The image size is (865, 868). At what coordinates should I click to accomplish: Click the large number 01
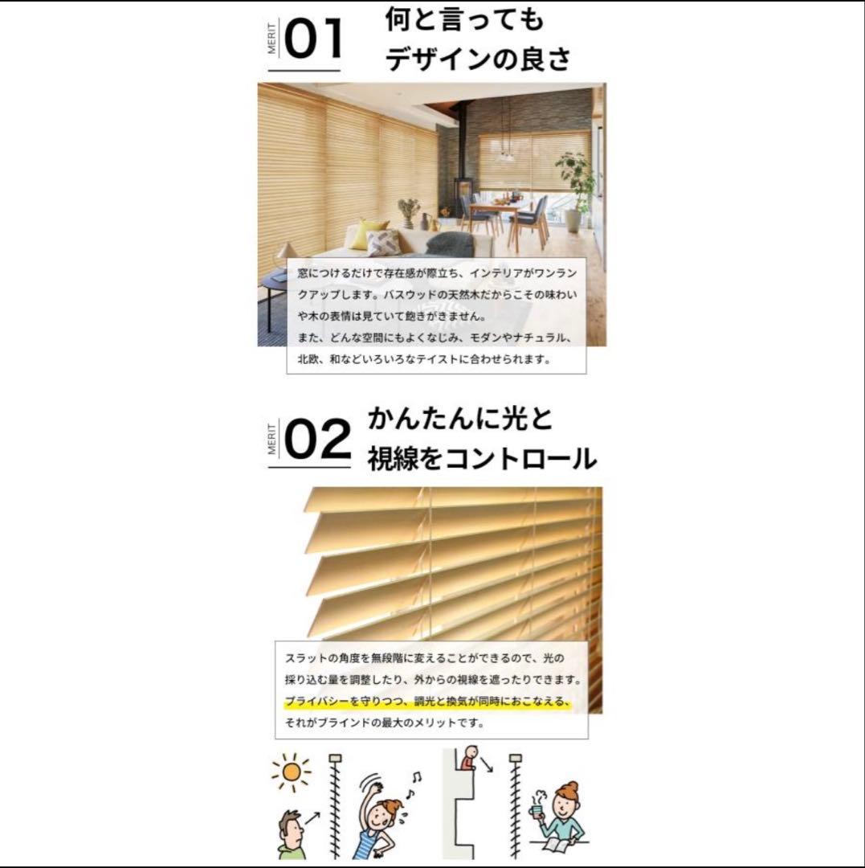pos(314,38)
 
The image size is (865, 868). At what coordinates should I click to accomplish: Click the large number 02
pos(317,439)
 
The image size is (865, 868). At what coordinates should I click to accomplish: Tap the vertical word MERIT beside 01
pos(271,39)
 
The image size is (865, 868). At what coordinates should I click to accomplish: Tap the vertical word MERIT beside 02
pos(271,439)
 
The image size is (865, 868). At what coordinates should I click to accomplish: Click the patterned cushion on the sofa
pos(384,242)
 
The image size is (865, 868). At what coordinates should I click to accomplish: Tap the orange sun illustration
pos(291,772)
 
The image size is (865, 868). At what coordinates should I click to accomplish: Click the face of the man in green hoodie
pos(291,829)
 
